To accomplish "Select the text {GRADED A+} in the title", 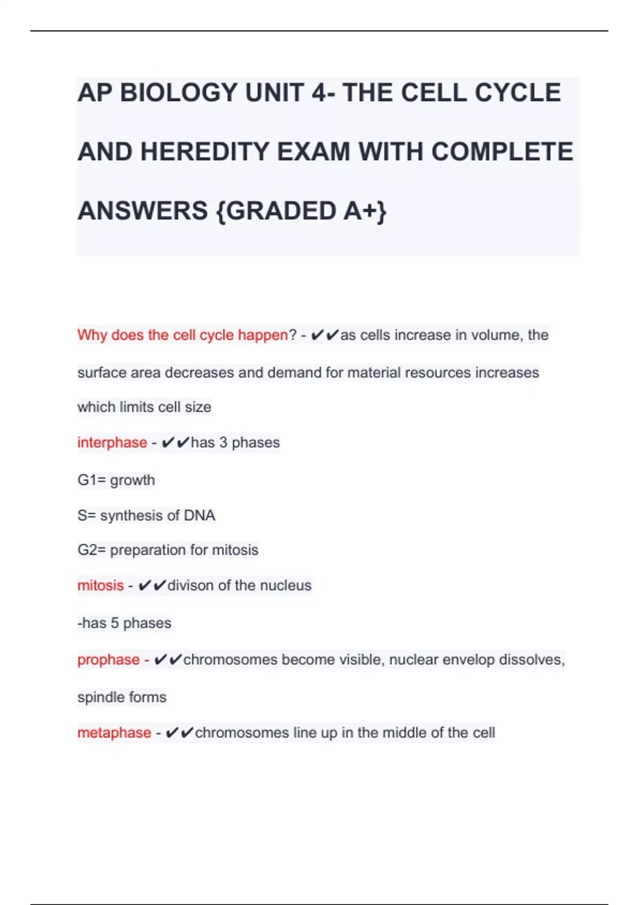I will [x=301, y=211].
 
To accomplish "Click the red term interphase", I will [x=112, y=442].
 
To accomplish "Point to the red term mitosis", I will [x=100, y=586].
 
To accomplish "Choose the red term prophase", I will [x=108, y=660].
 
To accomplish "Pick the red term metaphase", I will [x=114, y=733].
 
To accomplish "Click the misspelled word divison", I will [x=191, y=586].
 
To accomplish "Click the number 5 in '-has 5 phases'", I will [x=114, y=623].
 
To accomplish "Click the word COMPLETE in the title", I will [x=502, y=152].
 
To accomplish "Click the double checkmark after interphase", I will [x=175, y=442].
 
